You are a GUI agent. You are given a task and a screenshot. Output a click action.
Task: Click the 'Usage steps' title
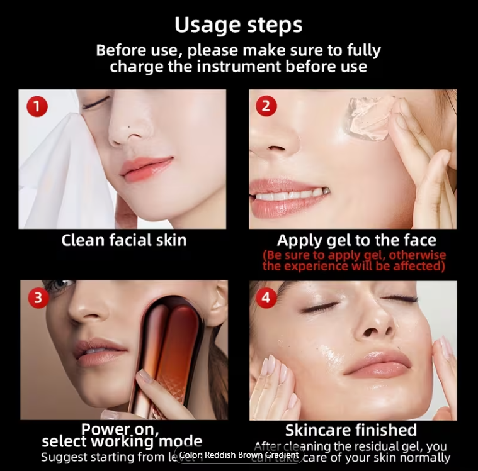point(238,25)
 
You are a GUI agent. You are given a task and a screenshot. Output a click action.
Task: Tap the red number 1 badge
point(37,106)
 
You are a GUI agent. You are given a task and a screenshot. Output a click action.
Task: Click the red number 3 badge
point(38,297)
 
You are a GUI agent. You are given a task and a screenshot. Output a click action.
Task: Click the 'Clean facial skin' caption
point(124,240)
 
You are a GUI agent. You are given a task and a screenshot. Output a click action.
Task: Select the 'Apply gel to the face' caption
point(356,240)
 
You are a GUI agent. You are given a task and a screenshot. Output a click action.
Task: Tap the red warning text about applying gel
point(354,260)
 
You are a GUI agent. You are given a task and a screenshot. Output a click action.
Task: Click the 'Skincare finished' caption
point(351,430)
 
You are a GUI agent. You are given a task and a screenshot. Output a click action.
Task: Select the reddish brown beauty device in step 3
point(165,352)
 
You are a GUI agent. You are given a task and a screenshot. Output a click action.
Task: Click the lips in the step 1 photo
point(145,168)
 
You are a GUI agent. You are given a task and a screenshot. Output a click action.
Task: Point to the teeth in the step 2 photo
point(290,196)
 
